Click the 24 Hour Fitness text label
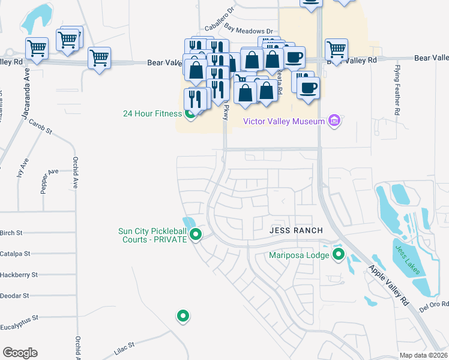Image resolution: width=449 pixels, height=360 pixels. pos(152,113)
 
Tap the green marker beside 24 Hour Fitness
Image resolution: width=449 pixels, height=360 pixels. pos(190,113)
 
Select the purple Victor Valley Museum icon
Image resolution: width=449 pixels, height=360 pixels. pos(335,121)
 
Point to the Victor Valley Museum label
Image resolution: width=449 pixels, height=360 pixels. pos(284,121)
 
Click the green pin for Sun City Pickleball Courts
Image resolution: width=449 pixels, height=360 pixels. pos(195,235)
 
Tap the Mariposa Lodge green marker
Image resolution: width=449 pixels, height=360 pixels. pos(339,255)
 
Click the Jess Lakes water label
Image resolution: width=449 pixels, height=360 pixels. pos(408,259)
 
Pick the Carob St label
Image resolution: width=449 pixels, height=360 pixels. pos(41,126)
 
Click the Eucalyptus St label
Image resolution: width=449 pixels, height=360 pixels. pos(19,317)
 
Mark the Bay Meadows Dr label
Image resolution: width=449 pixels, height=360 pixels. pos(249,28)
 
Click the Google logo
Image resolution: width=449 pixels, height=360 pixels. pos(20,353)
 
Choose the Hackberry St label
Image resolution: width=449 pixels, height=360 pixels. pos(19,275)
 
